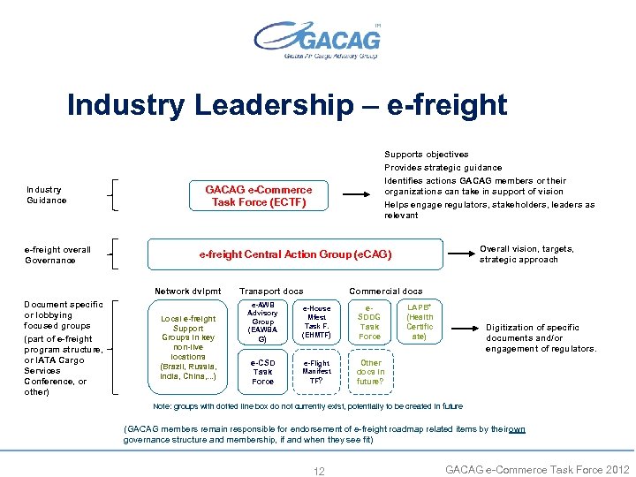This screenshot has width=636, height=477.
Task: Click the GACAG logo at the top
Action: [x=318, y=39]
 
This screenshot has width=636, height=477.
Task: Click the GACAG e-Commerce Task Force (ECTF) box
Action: [x=259, y=195]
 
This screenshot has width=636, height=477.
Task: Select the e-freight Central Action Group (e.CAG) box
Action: [x=295, y=254]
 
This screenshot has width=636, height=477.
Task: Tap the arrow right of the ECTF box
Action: [x=358, y=195]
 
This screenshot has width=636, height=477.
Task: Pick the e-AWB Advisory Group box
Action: [x=262, y=322]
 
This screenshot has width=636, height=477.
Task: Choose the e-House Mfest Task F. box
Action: [x=316, y=322]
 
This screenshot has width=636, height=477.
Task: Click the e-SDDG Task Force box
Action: [x=370, y=322]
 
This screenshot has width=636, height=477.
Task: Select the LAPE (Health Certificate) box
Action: [x=420, y=322]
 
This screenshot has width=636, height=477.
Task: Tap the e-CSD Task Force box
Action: [x=262, y=371]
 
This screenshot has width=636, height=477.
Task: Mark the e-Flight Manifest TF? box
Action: [x=316, y=371]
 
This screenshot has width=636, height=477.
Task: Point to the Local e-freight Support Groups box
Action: [x=188, y=347]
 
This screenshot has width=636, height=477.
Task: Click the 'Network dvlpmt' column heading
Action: [x=188, y=291]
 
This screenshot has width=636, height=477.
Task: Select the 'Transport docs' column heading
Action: [x=271, y=291]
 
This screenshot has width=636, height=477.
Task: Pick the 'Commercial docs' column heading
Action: [x=385, y=291]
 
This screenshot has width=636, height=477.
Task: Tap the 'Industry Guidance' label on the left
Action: [x=47, y=194]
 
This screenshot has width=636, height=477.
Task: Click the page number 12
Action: [x=319, y=471]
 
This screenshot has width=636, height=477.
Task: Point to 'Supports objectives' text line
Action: [x=426, y=155]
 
